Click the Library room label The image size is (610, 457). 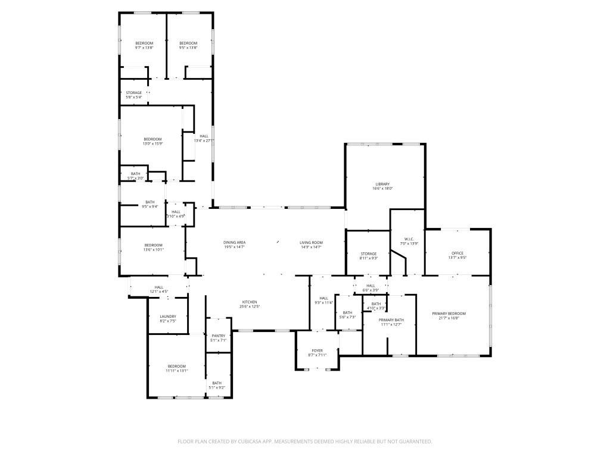point(382,184)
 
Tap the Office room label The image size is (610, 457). point(457,253)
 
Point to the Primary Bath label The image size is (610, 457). point(391,320)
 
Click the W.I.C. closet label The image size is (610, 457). point(408,239)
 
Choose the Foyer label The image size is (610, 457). point(318,351)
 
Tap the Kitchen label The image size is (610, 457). point(250,302)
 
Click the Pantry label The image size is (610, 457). point(219,336)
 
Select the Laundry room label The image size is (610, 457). point(168,316)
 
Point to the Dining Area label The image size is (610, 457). point(235,242)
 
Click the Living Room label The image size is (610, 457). point(311,242)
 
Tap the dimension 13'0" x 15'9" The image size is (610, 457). point(152,143)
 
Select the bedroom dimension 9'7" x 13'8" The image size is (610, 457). point(144,48)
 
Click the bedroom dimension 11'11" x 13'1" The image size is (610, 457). point(176,371)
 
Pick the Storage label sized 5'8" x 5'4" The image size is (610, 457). point(133,93)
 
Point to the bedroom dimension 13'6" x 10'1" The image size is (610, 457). point(153,250)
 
